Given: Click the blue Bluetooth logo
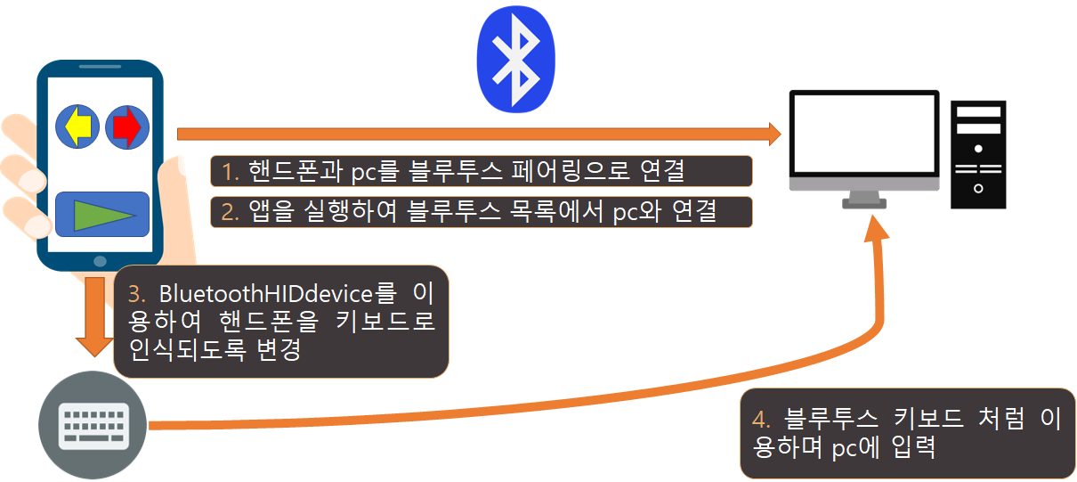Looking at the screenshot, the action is point(515,60).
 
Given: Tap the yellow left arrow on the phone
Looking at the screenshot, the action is point(78,127).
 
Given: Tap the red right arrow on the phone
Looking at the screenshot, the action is point(127,127).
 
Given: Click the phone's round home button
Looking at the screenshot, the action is point(100,261).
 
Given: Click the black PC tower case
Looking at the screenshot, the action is point(977,153).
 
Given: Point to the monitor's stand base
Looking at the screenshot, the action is point(865,204).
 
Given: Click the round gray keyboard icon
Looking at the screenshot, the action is point(93,425).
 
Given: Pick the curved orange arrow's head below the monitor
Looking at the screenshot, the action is point(878,230).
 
